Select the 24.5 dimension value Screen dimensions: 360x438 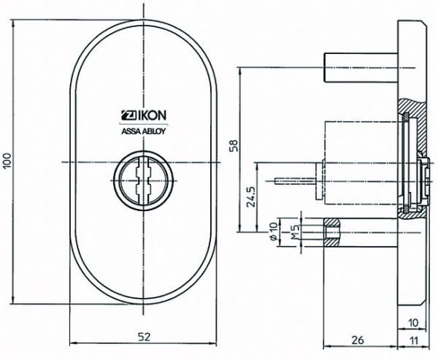tap(250, 198)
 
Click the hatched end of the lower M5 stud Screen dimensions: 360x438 tap(332, 233)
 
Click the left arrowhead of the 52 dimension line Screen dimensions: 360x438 tap(72, 345)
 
